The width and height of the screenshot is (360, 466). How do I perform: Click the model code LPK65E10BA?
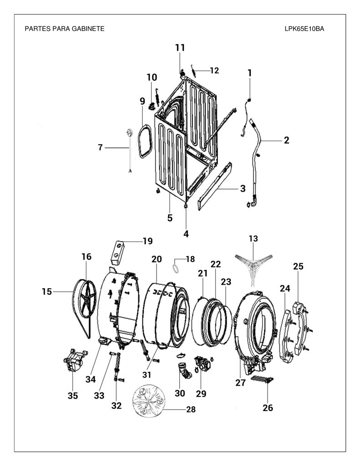pos(304,29)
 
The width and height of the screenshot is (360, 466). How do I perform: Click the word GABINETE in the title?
pos(89,29)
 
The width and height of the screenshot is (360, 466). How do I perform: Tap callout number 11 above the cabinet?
pos(180,47)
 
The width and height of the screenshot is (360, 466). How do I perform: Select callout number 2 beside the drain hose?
pos(286,140)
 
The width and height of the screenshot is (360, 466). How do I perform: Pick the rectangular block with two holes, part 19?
pos(117,253)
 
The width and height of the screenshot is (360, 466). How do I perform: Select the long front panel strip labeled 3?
pos(215,186)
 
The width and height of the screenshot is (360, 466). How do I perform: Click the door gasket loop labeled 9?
pos(145,141)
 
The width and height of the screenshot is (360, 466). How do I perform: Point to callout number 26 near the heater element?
pos(268,407)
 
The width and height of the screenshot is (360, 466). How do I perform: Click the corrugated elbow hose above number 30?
pos(184,371)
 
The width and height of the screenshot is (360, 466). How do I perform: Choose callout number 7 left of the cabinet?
pos(100,147)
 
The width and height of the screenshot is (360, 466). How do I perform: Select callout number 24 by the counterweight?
pos(285,288)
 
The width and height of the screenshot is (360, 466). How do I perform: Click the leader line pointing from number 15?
pos(63,292)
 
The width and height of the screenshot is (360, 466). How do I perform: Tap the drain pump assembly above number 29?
pos(203,363)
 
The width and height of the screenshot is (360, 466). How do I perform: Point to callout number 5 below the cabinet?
pos(170,218)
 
